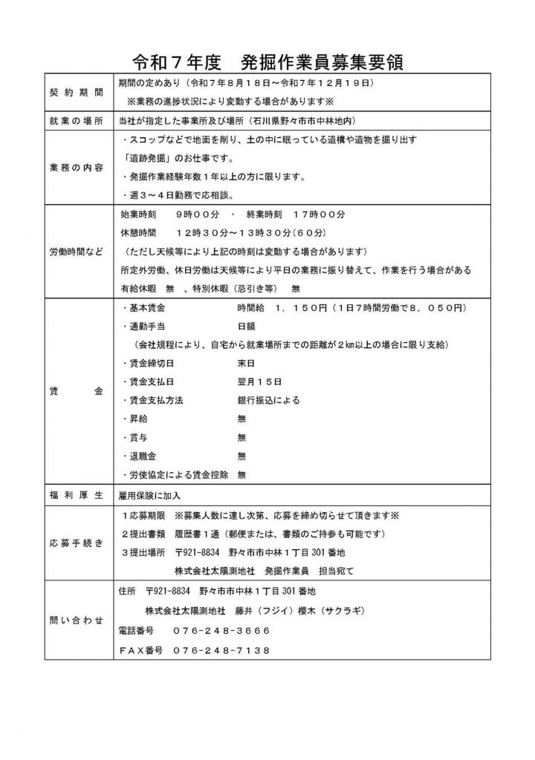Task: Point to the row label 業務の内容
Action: coord(77,166)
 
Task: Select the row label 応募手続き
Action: coord(77,543)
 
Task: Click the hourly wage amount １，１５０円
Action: coord(306,308)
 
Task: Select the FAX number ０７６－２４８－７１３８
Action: coord(222,650)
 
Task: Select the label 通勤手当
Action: coord(146,327)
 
